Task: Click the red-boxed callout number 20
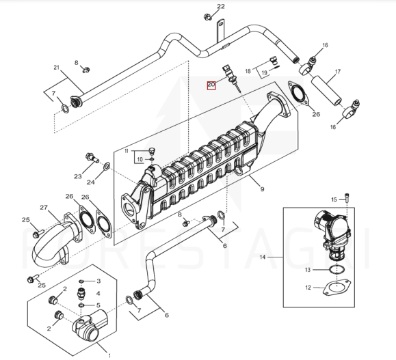[211, 85]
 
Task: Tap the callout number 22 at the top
[221, 6]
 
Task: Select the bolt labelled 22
[208, 17]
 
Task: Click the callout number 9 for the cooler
[262, 189]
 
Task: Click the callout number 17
[338, 72]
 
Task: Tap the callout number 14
[263, 257]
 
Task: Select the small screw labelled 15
[347, 198]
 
